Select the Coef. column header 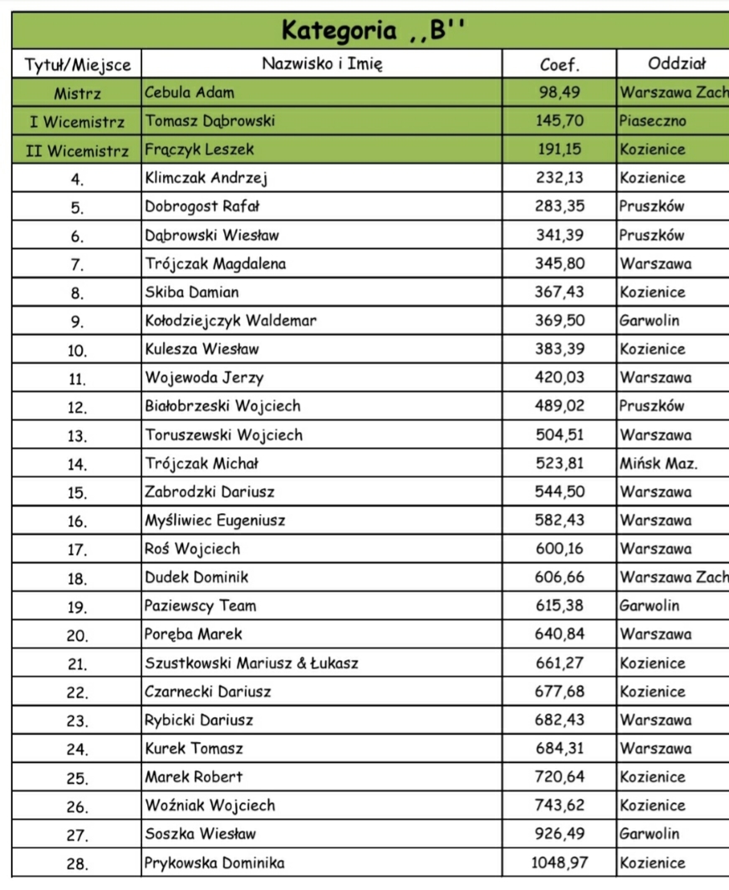pos(559,64)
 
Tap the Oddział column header pos(676,64)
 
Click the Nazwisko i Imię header pos(322,64)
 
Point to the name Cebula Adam pos(190,93)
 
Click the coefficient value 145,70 pos(559,121)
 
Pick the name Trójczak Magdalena pos(216,264)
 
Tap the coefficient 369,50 pos(559,321)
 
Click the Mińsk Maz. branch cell pos(659,464)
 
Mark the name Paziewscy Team pos(201,606)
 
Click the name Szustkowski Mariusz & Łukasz pos(252,664)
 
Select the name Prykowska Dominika pos(215,863)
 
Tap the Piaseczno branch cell pos(653,121)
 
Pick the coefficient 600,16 pos(559,549)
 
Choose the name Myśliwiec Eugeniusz pos(216,521)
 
